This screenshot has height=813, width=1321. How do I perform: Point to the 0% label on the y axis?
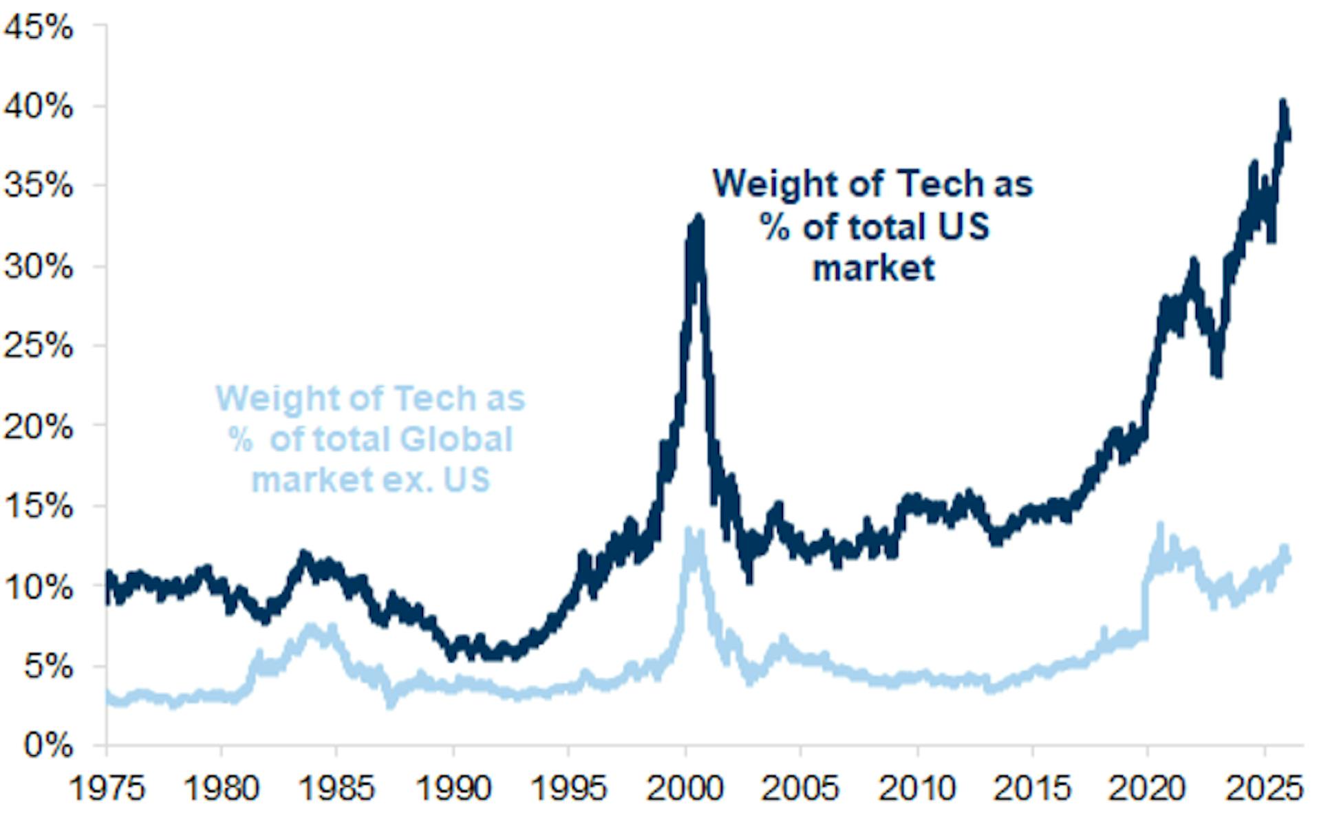(x=48, y=745)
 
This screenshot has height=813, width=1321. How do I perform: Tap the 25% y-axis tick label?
(x=39, y=346)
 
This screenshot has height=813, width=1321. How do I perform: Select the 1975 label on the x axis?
(x=107, y=788)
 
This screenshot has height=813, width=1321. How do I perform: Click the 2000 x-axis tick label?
(x=685, y=788)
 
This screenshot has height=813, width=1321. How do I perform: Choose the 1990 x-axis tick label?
(x=453, y=788)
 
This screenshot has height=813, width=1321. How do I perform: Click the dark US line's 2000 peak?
(x=699, y=219)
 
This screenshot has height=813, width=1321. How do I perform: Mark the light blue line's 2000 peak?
(x=687, y=530)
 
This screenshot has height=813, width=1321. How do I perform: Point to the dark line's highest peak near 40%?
(x=1283, y=103)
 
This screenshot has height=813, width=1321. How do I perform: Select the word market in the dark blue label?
(x=874, y=268)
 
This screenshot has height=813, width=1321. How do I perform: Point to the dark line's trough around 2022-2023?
(x=1218, y=371)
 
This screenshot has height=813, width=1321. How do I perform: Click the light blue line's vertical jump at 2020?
(x=1145, y=605)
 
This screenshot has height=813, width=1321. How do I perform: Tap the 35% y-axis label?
(x=39, y=186)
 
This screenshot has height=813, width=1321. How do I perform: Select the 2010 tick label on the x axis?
(x=917, y=788)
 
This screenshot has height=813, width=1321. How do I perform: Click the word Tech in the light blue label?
(x=436, y=398)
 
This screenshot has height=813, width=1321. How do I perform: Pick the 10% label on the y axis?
(x=39, y=587)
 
